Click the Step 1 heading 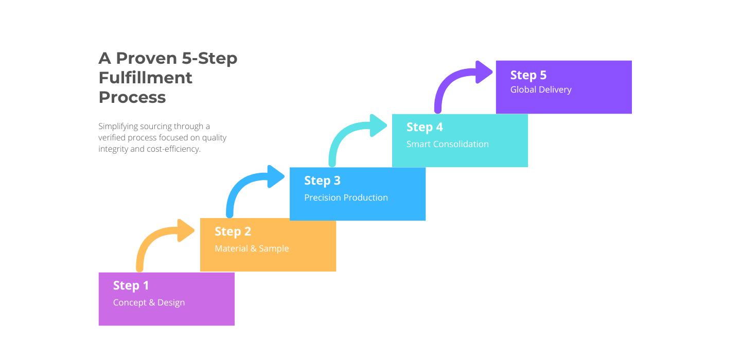pyautogui.click(x=131, y=285)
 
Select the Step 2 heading pyautogui.click(x=233, y=231)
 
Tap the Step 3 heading pyautogui.click(x=322, y=181)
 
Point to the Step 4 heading pyautogui.click(x=425, y=127)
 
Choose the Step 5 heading pyautogui.click(x=528, y=75)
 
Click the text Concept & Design pyautogui.click(x=149, y=302)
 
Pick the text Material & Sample pyautogui.click(x=252, y=248)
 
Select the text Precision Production pyautogui.click(x=346, y=197)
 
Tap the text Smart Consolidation pyautogui.click(x=447, y=144)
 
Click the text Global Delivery pyautogui.click(x=541, y=89)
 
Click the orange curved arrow pyautogui.click(x=154, y=239)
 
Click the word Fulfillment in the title pyautogui.click(x=146, y=78)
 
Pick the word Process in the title pyautogui.click(x=132, y=97)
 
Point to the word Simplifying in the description pyautogui.click(x=117, y=126)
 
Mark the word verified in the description pyautogui.click(x=112, y=138)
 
